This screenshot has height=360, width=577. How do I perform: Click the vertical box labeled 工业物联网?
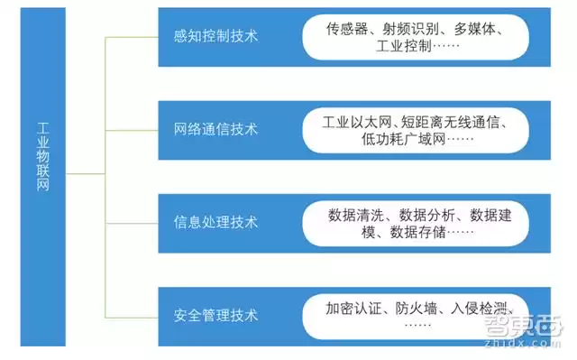coord(43,171)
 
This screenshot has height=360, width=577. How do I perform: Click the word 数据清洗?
coord(357,215)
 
